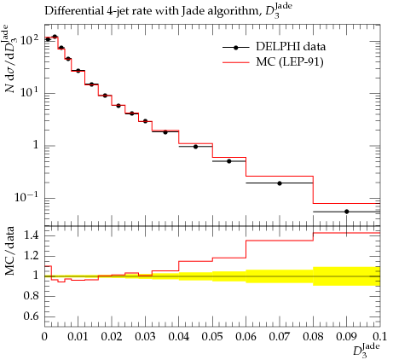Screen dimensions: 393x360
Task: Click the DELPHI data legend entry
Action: click(274, 47)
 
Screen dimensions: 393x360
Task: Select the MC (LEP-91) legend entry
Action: click(273, 61)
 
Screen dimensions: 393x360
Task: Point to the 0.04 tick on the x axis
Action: click(179, 336)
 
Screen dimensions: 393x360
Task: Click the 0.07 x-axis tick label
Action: click(280, 336)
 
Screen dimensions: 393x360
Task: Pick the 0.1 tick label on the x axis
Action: click(380, 336)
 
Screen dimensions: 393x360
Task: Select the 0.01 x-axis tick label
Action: click(78, 336)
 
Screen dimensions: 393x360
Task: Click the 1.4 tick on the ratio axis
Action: click(32, 235)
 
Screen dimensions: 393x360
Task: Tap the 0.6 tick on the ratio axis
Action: click(32, 316)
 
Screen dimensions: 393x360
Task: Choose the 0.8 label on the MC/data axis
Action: click(32, 296)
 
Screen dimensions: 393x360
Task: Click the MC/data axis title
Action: click(10, 251)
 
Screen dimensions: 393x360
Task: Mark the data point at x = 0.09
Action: click(347, 212)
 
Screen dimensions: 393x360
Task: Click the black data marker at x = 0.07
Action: click(280, 183)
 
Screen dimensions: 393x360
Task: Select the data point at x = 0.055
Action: click(229, 161)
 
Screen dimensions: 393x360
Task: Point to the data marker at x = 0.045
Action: click(195, 147)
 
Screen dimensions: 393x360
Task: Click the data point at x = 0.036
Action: click(165, 132)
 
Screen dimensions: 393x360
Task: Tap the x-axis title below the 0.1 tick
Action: click(367, 351)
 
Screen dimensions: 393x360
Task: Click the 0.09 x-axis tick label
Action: click(347, 336)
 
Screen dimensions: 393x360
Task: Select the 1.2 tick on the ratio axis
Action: click(32, 256)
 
